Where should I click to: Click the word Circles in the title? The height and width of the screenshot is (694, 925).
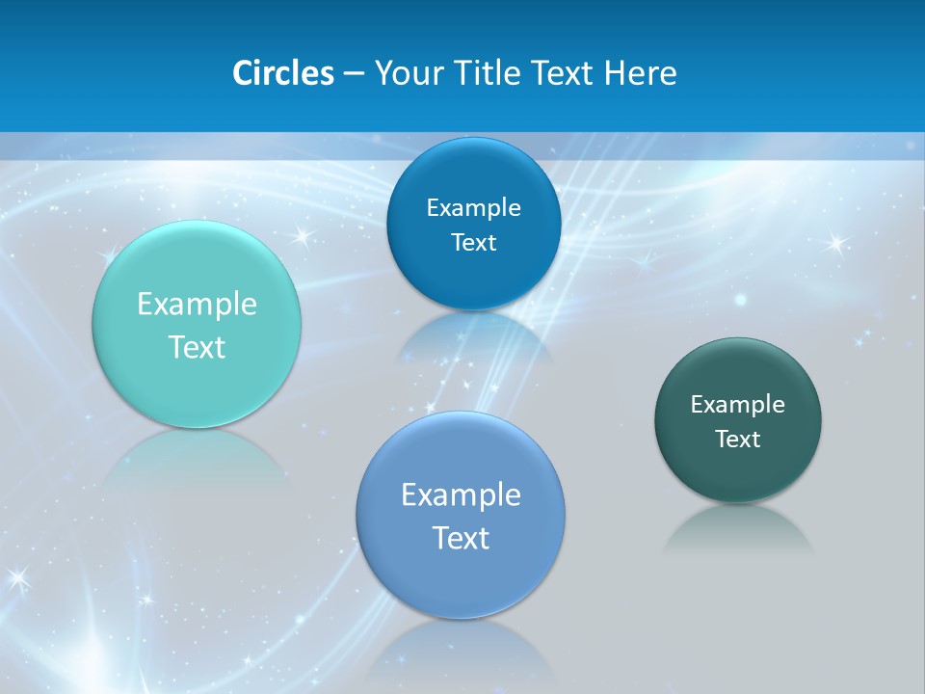[x=283, y=73]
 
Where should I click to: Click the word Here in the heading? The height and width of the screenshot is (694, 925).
[x=640, y=73]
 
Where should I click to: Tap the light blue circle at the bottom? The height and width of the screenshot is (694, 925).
[x=461, y=578]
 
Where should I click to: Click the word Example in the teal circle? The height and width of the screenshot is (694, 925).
[x=197, y=305]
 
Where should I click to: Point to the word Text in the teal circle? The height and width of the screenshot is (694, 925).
[x=197, y=347]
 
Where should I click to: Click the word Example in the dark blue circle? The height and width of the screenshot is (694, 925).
[x=473, y=208]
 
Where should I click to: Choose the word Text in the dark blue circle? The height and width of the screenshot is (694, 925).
[x=473, y=243]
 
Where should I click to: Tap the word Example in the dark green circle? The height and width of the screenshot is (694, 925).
[x=738, y=405]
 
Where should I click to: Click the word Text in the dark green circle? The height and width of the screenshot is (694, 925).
[x=738, y=440]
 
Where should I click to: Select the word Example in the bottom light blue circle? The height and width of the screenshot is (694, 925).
[x=461, y=495]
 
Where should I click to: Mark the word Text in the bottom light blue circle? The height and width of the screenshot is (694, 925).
[x=461, y=538]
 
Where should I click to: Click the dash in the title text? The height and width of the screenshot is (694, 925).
[x=354, y=73]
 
